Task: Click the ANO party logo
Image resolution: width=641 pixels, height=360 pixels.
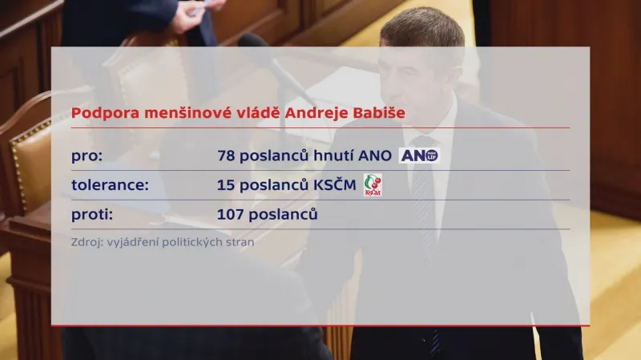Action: (419, 156)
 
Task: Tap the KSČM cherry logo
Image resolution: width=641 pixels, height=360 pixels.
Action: (373, 185)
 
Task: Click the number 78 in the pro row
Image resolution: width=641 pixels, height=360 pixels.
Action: (225, 156)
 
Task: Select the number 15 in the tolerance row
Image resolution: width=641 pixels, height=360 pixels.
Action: (225, 185)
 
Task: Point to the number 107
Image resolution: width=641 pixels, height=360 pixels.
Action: (229, 214)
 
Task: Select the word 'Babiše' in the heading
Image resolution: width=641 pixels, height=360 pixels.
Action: (380, 112)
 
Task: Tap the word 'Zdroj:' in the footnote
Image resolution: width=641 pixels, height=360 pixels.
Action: (87, 241)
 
